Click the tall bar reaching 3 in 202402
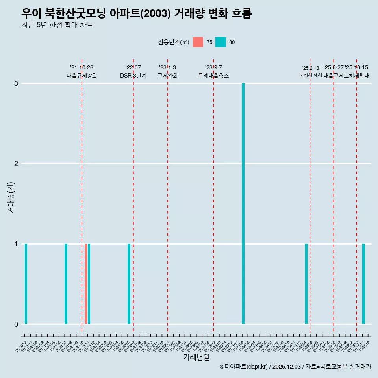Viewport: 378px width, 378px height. point(243,204)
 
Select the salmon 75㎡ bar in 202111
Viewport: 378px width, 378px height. point(86,284)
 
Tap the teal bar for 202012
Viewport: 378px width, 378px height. point(26,284)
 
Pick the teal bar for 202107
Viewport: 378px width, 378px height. point(66,284)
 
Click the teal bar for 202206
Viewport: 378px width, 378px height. point(129,284)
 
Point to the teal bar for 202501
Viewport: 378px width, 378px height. point(306,284)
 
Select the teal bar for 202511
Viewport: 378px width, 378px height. point(363,284)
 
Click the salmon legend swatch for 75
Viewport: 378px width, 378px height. point(198,42)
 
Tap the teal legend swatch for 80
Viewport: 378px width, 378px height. point(221,42)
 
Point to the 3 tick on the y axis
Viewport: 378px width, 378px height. point(16,83)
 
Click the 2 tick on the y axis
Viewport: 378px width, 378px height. point(16,164)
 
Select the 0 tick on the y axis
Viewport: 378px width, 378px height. point(16,324)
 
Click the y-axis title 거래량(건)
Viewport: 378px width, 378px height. point(11,197)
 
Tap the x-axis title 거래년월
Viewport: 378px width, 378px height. point(196,357)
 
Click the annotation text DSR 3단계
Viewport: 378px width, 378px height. point(133,76)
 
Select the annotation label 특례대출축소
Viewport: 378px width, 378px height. point(213,76)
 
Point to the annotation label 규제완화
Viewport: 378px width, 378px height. point(168,76)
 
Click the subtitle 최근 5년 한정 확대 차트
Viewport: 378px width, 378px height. point(57,25)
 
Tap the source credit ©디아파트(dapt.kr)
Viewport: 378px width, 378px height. point(244,367)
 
